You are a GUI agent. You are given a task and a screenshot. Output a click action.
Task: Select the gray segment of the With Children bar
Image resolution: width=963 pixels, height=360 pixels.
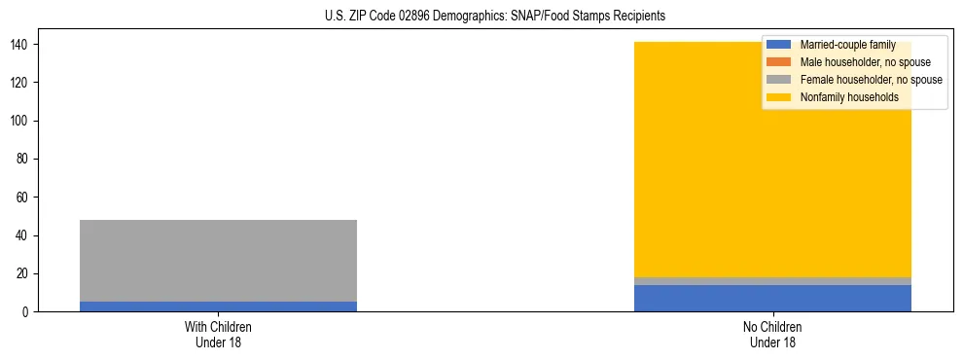pyautogui.click(x=218, y=260)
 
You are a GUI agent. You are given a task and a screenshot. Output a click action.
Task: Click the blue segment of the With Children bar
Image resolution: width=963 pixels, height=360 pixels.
pyautogui.click(x=218, y=306)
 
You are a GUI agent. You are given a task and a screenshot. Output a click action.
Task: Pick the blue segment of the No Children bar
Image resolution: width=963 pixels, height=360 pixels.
pyautogui.click(x=772, y=299)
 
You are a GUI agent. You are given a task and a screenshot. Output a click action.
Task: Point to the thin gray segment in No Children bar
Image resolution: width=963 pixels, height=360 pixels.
pyautogui.click(x=772, y=281)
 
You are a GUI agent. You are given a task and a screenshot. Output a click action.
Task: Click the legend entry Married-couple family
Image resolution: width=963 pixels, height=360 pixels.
pyautogui.click(x=847, y=45)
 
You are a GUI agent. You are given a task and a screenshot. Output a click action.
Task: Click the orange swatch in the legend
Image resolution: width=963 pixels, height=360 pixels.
pyautogui.click(x=779, y=62)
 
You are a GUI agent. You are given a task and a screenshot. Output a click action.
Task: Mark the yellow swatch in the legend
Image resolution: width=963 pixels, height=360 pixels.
pyautogui.click(x=779, y=97)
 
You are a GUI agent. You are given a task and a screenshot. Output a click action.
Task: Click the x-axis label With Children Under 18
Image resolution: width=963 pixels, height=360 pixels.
pyautogui.click(x=218, y=335)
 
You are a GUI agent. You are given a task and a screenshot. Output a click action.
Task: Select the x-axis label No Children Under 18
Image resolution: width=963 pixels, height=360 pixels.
pyautogui.click(x=772, y=335)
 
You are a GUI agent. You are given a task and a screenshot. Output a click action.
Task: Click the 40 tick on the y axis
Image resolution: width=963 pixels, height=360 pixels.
pyautogui.click(x=29, y=235)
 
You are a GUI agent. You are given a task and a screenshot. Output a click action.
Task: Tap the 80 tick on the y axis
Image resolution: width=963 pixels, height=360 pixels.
pyautogui.click(x=29, y=160)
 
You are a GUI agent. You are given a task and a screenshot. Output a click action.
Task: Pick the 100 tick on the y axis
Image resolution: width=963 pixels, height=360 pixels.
pyautogui.click(x=26, y=122)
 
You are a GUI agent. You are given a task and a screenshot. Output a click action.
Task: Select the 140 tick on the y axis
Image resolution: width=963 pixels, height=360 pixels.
pyautogui.click(x=26, y=45)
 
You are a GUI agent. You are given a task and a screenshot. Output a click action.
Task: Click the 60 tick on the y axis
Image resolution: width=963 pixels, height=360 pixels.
pyautogui.click(x=29, y=198)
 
